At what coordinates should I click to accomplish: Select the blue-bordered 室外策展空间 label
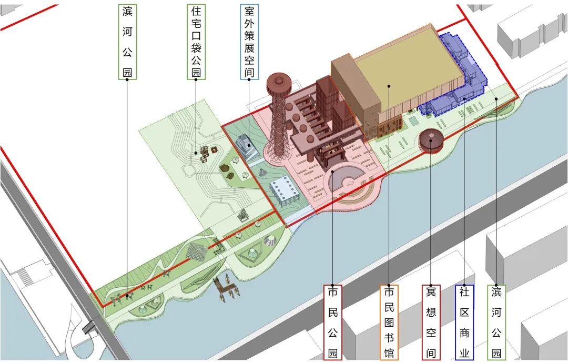click(x=249, y=42)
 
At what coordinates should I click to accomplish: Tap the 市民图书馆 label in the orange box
click(x=389, y=322)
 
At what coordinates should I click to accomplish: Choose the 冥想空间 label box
click(x=431, y=322)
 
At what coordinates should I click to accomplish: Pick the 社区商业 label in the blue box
click(x=464, y=322)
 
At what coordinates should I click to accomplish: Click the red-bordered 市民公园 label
click(x=332, y=322)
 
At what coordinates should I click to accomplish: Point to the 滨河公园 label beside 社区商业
click(x=496, y=322)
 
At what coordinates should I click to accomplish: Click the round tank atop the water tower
click(x=279, y=84)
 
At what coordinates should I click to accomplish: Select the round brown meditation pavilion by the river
click(x=430, y=141)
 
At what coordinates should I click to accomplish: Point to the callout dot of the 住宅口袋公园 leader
click(x=196, y=153)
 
